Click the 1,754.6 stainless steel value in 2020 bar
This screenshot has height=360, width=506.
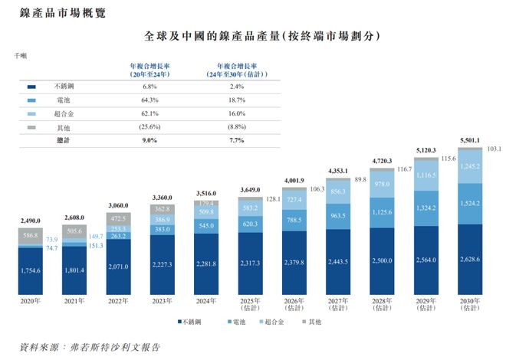30,270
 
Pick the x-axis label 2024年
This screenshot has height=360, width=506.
205,303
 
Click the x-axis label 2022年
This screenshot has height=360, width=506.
118,303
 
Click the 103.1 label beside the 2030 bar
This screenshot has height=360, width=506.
494,148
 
